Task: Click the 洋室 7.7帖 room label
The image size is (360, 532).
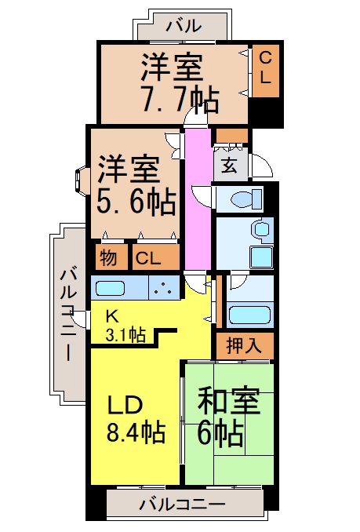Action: point(180,82)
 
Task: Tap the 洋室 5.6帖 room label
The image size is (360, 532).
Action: point(136,186)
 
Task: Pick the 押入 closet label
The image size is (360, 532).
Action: point(244,345)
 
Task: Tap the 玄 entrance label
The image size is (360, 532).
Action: point(230,166)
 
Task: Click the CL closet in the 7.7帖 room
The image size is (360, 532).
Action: point(264,68)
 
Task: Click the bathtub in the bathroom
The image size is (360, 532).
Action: point(249,315)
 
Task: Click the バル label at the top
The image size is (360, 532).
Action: point(183,24)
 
